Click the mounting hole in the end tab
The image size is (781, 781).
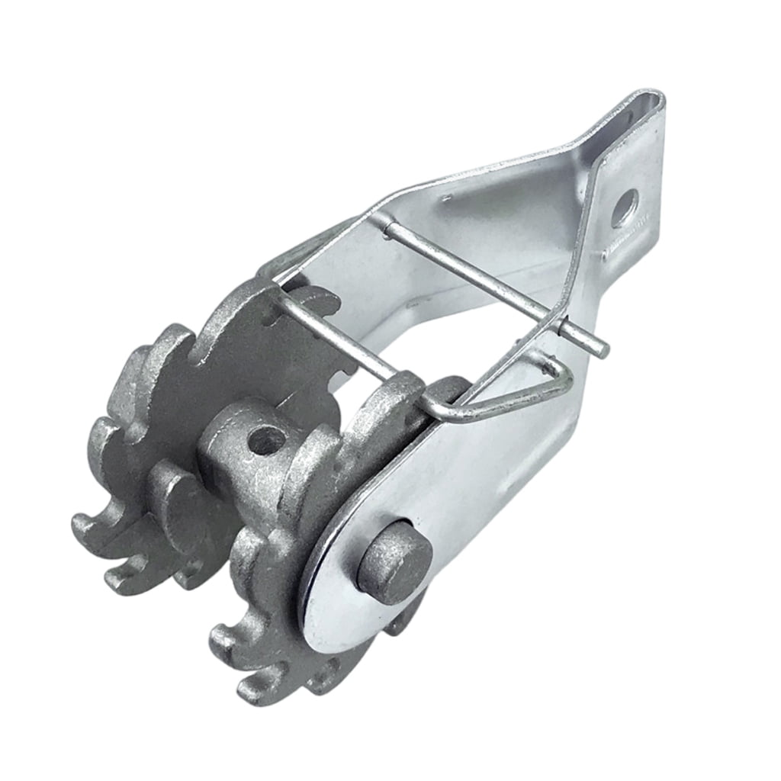[625, 207]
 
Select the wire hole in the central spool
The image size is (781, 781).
[267, 441]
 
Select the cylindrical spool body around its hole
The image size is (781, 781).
[252, 458]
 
